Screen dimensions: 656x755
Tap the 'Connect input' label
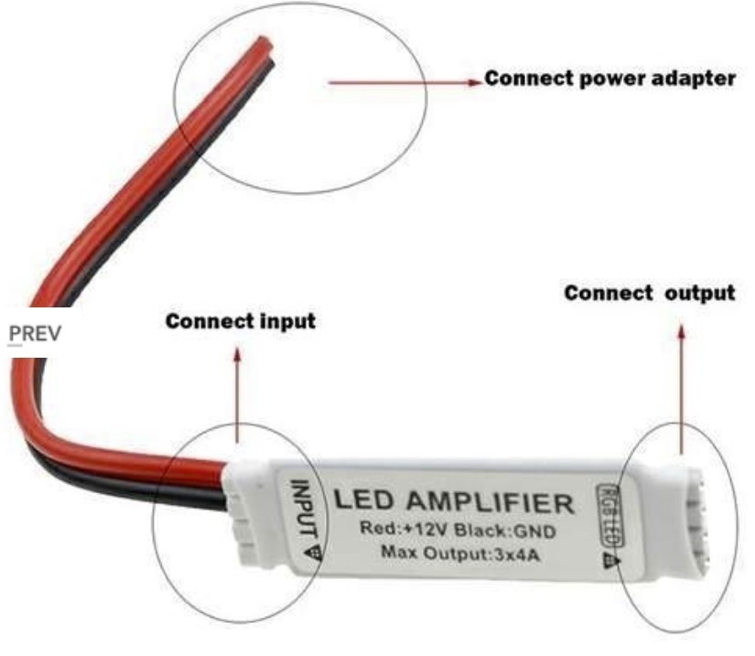[240, 322]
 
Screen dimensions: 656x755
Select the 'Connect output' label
[649, 294]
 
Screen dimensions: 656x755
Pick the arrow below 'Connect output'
[682, 384]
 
